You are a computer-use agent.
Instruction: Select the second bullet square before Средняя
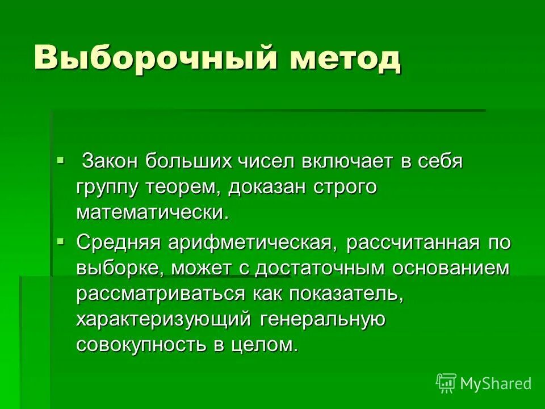(61, 241)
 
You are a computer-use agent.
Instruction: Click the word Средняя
(119, 243)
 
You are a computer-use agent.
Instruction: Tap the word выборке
(119, 269)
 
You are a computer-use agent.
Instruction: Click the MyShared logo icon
(446, 383)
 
